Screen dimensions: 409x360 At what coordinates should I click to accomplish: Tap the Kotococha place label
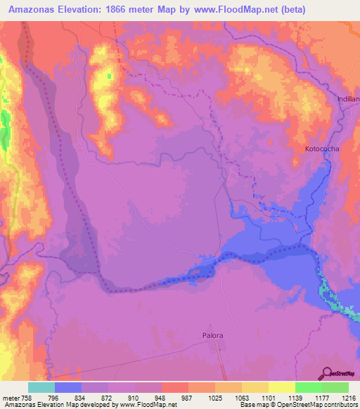[321, 150]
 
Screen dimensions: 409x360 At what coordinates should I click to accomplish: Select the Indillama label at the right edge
[349, 99]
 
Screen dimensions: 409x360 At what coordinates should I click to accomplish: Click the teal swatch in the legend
[41, 387]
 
